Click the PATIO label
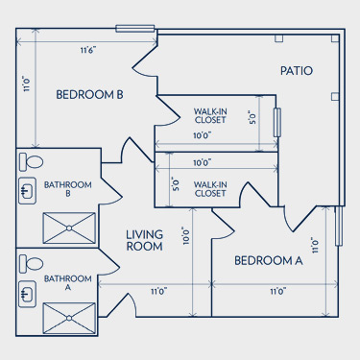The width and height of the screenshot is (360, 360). tap(297, 71)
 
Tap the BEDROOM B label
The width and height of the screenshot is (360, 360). tap(89, 95)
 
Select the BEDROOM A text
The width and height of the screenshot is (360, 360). tap(269, 261)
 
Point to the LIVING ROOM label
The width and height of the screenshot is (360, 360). tap(144, 240)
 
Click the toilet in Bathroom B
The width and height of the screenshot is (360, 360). tap(31, 162)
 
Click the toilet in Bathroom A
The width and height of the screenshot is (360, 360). tap(31, 264)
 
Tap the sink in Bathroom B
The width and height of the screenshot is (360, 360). tap(27, 191)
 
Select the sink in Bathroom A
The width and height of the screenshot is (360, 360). tap(27, 294)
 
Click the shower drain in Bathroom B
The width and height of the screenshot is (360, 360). tap(69, 228)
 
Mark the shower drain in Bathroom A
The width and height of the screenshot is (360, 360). tap(69, 318)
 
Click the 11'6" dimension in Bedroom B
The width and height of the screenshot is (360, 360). tap(88, 51)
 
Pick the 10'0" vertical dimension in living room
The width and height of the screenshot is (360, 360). tap(186, 236)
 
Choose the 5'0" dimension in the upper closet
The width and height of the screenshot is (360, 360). tap(252, 118)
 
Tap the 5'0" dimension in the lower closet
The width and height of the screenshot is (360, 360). tap(176, 184)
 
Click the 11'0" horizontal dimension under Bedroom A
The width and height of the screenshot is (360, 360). tap(278, 292)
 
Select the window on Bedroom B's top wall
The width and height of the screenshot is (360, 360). tap(135, 29)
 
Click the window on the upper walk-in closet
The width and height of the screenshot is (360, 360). tap(277, 123)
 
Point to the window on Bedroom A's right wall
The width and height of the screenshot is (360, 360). tap(339, 226)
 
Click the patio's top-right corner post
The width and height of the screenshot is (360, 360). tap(335, 38)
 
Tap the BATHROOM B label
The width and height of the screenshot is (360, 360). tap(68, 189)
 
